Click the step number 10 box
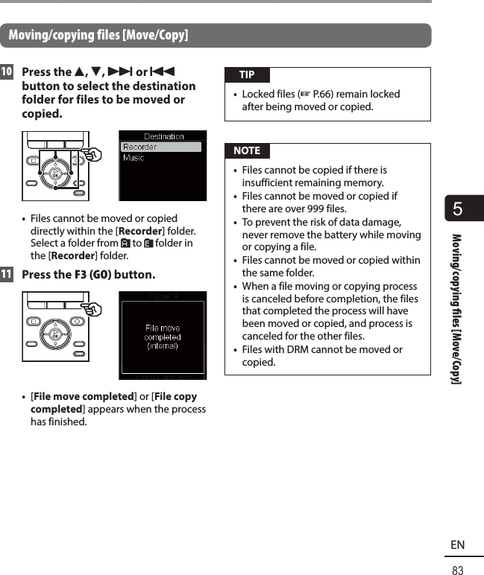(7, 72)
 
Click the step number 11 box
(7, 274)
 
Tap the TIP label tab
(247, 74)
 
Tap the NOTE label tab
(247, 150)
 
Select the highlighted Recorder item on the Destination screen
(162, 147)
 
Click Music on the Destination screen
(135, 158)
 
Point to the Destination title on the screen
(164, 136)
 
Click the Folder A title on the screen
(163, 296)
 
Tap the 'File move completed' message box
(163, 337)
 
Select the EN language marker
(457, 545)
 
